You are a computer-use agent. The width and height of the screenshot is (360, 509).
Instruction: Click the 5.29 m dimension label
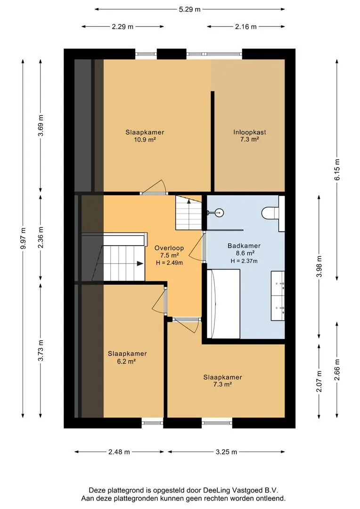pos(189,9)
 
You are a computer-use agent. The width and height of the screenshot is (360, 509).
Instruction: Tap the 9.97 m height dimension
pos(23,238)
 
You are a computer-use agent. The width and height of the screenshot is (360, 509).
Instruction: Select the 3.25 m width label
pos(226,452)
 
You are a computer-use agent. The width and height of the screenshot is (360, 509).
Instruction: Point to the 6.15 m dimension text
pos(337,170)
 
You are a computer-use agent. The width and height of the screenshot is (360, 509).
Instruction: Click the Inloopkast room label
pos(250,132)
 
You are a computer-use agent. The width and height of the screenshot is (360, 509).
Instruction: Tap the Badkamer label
pos(244,246)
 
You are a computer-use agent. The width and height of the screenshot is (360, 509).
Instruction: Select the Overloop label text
pos(169,248)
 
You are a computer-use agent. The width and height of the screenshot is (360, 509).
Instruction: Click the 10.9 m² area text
pos(145,140)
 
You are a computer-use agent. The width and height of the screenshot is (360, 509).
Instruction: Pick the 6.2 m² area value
pos(126,361)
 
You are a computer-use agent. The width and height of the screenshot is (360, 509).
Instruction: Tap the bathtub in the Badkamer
pos(223,304)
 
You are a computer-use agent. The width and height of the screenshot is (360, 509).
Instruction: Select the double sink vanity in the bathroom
pos(278,296)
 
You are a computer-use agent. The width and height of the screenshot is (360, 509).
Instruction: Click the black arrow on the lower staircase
pos(140,263)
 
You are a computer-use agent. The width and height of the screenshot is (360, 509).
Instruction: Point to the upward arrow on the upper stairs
pos(189,202)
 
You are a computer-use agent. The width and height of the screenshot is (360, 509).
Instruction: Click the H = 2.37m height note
pos(244,261)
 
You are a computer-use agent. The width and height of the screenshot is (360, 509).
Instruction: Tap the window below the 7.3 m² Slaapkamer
pos(217,423)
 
